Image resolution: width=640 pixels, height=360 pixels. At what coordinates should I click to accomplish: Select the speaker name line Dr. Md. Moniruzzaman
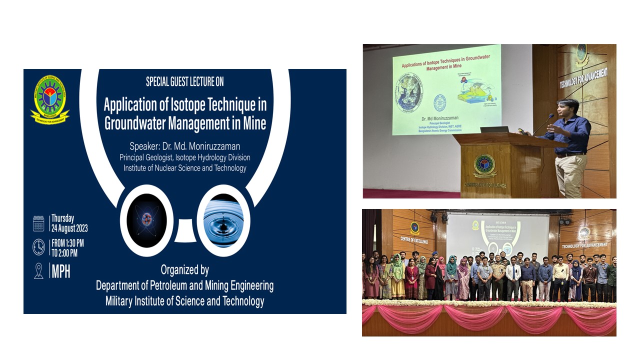185,146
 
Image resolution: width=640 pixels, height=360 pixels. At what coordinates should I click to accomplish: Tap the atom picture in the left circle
146,220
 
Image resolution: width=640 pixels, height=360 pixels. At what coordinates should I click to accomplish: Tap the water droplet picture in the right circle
223,220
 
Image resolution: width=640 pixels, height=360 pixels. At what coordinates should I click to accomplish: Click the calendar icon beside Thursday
38,223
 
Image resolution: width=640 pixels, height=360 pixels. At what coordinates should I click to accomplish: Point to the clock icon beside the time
38,246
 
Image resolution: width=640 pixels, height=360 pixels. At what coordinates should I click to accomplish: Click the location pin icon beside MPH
38,270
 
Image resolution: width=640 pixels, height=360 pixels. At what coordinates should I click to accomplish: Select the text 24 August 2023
69,228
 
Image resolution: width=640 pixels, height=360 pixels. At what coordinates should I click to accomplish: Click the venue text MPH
61,271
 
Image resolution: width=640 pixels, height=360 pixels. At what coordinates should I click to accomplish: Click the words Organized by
184,270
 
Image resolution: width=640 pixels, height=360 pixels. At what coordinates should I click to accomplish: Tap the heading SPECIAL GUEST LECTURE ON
184,81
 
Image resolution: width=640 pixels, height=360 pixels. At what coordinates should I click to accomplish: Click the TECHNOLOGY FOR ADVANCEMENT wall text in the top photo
583,78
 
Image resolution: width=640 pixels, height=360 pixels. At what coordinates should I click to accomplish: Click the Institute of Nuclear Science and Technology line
185,168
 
